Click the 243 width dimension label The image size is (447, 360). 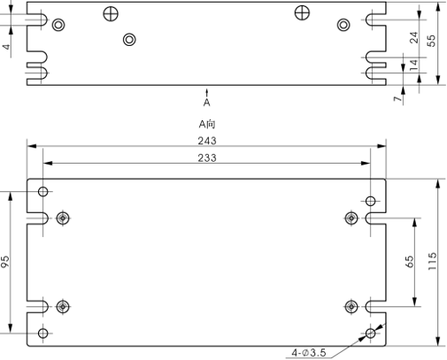tap(207, 141)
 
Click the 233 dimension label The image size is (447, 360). tap(207, 158)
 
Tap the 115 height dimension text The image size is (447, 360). tap(432, 261)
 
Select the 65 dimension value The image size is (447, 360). tap(410, 262)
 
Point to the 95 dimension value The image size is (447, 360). tap(5, 262)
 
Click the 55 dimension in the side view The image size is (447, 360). tap(431, 41)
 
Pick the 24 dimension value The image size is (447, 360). tap(414, 37)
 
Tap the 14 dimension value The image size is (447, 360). tap(414, 65)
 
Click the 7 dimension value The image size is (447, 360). tap(398, 98)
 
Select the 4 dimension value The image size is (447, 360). tap(6, 47)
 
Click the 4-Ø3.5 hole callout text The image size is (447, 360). tap(309, 352)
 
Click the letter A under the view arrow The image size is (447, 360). tap(207, 103)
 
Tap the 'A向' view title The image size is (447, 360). tap(207, 124)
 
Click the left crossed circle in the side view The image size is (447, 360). tap(111, 14)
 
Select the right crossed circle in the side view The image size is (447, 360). tap(302, 12)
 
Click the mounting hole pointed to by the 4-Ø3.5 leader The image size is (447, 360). tap(370, 333)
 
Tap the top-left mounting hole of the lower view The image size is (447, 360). tap(43, 192)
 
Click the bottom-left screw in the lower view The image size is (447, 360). tap(63, 307)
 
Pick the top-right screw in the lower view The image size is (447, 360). tap(351, 218)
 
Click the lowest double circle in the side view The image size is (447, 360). tap(129, 40)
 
